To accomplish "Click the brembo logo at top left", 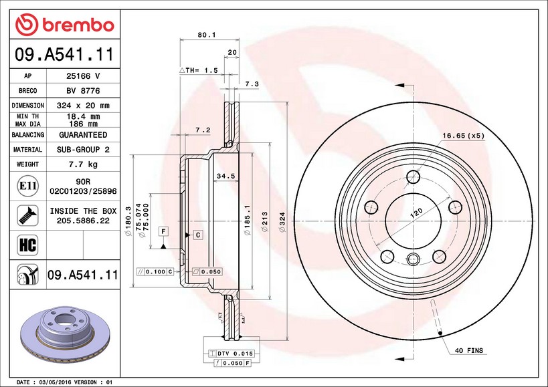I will click(x=65, y=25).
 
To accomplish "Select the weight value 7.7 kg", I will click(x=83, y=164).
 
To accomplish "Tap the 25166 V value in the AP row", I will click(x=83, y=76).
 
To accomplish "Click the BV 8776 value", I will click(x=83, y=91).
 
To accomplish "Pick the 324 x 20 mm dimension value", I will click(x=83, y=106).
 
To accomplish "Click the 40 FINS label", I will click(x=469, y=350).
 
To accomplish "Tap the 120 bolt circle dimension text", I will click(x=416, y=215).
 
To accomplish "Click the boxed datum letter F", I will click(x=163, y=231).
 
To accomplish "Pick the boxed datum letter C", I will click(x=198, y=234).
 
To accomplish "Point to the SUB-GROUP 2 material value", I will click(x=83, y=150).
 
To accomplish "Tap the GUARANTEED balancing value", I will click(x=83, y=134).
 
